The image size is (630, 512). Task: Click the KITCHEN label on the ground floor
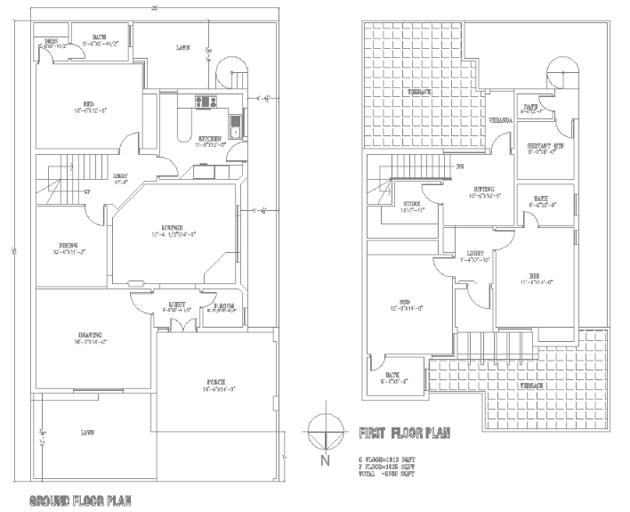210,139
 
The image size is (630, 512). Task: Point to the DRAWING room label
91,336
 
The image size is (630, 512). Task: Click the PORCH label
217,382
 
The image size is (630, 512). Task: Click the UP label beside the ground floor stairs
86,191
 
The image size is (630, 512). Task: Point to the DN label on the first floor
460,167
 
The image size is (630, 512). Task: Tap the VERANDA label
498,119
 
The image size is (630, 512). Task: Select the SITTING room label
483,190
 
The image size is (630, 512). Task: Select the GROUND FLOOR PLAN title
80,500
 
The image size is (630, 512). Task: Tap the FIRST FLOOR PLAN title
403,435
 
